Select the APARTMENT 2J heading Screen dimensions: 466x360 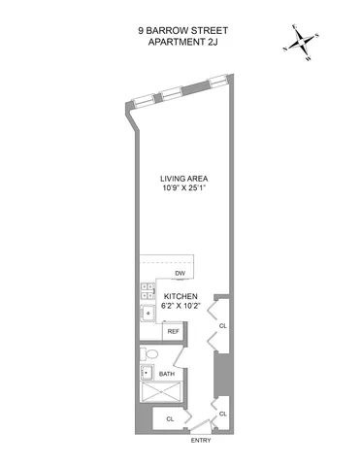[180, 43]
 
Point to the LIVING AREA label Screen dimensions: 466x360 [184, 179]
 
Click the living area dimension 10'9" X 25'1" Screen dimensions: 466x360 [184, 190]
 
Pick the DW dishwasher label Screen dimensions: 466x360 [180, 274]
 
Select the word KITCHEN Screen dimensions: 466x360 [180, 296]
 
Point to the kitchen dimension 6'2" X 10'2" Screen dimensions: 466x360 [180, 308]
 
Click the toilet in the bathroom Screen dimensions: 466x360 [147, 352]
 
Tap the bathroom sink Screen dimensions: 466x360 [147, 372]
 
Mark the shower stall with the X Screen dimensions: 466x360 [167, 394]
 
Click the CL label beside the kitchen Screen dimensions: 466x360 [222, 326]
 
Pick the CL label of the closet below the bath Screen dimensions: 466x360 [170, 418]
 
